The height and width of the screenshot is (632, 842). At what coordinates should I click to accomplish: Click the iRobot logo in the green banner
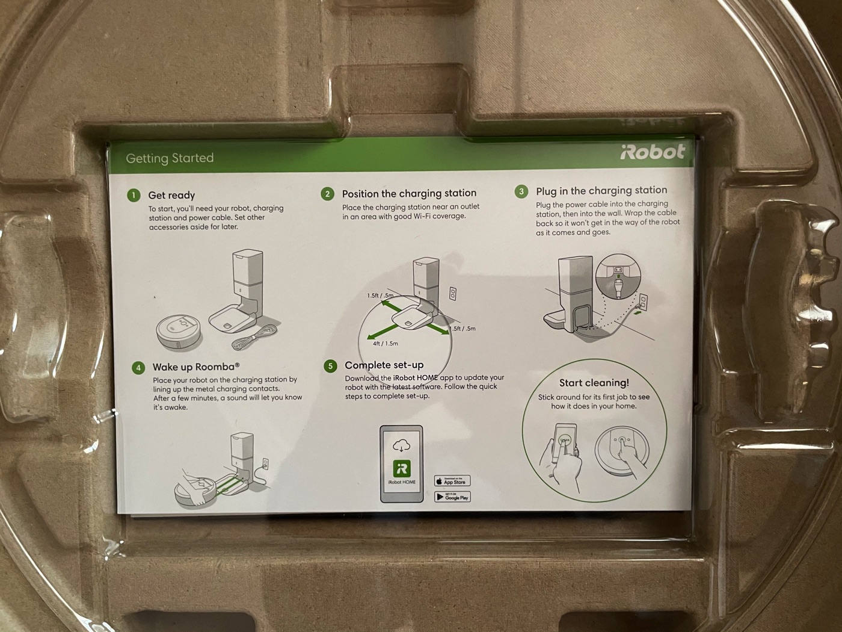tap(653, 152)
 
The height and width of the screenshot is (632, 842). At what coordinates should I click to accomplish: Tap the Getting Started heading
tap(170, 158)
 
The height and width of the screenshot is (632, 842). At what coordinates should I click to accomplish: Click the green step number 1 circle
tap(134, 195)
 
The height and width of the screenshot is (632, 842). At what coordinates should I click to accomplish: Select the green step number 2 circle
tap(327, 194)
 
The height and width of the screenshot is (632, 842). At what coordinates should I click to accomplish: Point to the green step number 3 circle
tap(521, 191)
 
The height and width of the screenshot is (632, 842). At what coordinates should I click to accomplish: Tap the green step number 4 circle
tap(138, 368)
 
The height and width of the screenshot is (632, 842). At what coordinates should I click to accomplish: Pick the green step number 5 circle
tap(330, 366)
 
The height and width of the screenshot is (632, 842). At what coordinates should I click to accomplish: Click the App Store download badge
tap(452, 481)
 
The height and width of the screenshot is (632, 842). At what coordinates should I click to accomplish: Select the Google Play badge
tap(453, 497)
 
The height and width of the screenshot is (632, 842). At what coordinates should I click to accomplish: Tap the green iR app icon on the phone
tap(402, 468)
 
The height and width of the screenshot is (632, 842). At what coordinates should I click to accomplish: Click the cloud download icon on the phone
tap(401, 446)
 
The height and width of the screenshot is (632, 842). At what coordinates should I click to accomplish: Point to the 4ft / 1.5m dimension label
tap(386, 344)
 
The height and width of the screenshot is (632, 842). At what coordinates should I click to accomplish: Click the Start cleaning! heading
tap(594, 383)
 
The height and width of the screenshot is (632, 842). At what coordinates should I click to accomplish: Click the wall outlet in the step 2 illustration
tap(453, 294)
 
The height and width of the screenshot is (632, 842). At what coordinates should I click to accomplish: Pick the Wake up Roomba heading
tap(196, 367)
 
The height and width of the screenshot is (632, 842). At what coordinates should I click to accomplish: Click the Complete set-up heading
tap(384, 365)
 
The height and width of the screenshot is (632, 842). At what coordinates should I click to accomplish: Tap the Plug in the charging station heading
tap(601, 190)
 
